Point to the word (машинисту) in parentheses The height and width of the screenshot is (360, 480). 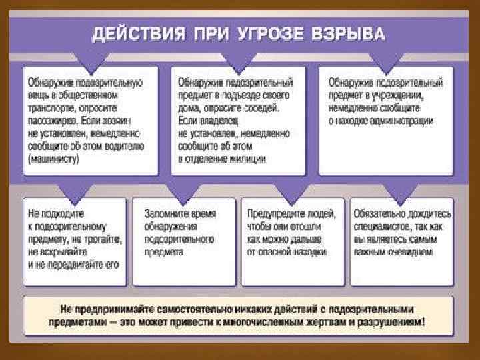[x=54, y=159]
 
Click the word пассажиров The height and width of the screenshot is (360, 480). [x=53, y=121]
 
